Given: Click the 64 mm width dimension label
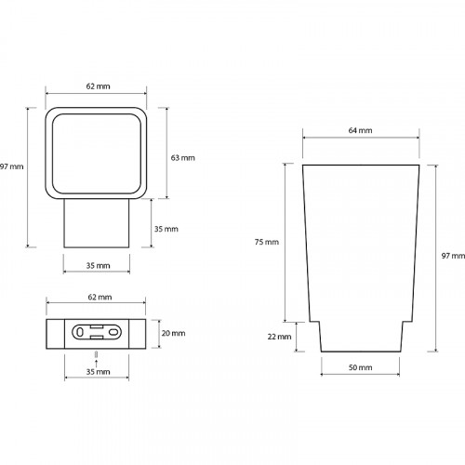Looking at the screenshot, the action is [x=360, y=130].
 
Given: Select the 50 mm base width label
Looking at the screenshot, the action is [x=360, y=367].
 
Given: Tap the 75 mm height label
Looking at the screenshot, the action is [x=267, y=242].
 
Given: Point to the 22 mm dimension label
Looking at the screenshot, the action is [x=279, y=337].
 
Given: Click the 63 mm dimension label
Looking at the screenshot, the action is [x=183, y=158].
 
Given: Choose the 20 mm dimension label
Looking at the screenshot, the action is [x=173, y=333].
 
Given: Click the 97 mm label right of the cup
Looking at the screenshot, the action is [x=453, y=256].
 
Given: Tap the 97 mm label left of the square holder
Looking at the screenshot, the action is [x=12, y=166].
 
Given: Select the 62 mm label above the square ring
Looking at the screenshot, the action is [x=98, y=86].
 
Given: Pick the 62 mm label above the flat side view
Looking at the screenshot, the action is [x=100, y=297].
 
